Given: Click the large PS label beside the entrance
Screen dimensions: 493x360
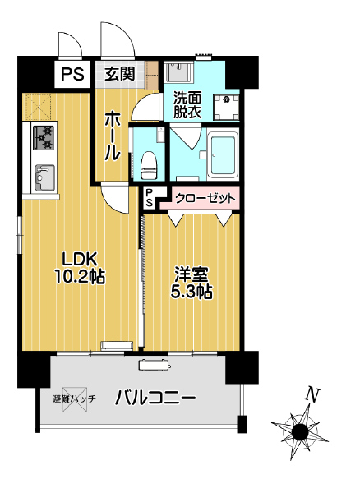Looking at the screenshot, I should click(x=72, y=75).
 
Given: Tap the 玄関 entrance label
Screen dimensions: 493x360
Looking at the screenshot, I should click(x=119, y=74).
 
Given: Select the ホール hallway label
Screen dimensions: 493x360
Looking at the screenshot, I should click(x=113, y=136).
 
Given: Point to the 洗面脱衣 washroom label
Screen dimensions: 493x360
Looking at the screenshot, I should click(x=186, y=105).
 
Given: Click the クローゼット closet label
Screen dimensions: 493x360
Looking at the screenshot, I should click(x=205, y=198).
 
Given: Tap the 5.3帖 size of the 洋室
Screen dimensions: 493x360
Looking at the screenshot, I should click(x=193, y=291).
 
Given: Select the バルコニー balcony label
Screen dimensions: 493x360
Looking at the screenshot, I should click(x=155, y=399).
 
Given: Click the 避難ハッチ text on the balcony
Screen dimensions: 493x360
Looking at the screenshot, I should click(x=74, y=399).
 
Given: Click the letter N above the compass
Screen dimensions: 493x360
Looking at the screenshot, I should click(x=312, y=395).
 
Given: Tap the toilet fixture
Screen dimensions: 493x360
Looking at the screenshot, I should click(x=149, y=163).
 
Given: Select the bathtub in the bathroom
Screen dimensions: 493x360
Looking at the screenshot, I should click(x=222, y=154).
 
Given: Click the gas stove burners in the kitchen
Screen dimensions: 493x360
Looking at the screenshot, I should click(x=44, y=136).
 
